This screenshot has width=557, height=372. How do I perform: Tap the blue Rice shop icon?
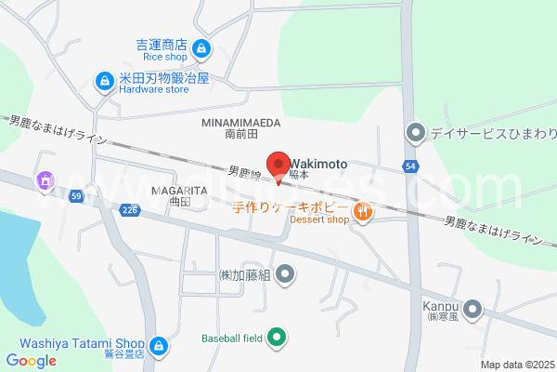(x=201, y=48)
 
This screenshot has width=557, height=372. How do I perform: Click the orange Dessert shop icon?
(x=363, y=212)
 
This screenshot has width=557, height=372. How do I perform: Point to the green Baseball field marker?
(x=277, y=338)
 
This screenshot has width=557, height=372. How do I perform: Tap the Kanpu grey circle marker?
(x=473, y=308)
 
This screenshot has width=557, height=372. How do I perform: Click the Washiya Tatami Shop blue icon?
(x=159, y=346)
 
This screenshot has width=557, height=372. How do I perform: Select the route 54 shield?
(x=409, y=166)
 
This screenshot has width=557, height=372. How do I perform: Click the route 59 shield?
(x=76, y=195)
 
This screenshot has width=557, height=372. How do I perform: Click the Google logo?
(x=31, y=361)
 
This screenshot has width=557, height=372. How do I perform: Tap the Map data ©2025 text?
(x=516, y=365)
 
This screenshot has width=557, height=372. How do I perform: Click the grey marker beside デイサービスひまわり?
(x=415, y=133)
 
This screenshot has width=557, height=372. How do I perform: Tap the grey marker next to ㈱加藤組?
(x=286, y=274)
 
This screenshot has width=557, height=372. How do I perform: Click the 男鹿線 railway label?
(x=246, y=172)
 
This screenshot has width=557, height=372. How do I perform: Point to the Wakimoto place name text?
(x=318, y=164)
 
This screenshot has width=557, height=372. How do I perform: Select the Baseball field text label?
(x=232, y=339)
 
